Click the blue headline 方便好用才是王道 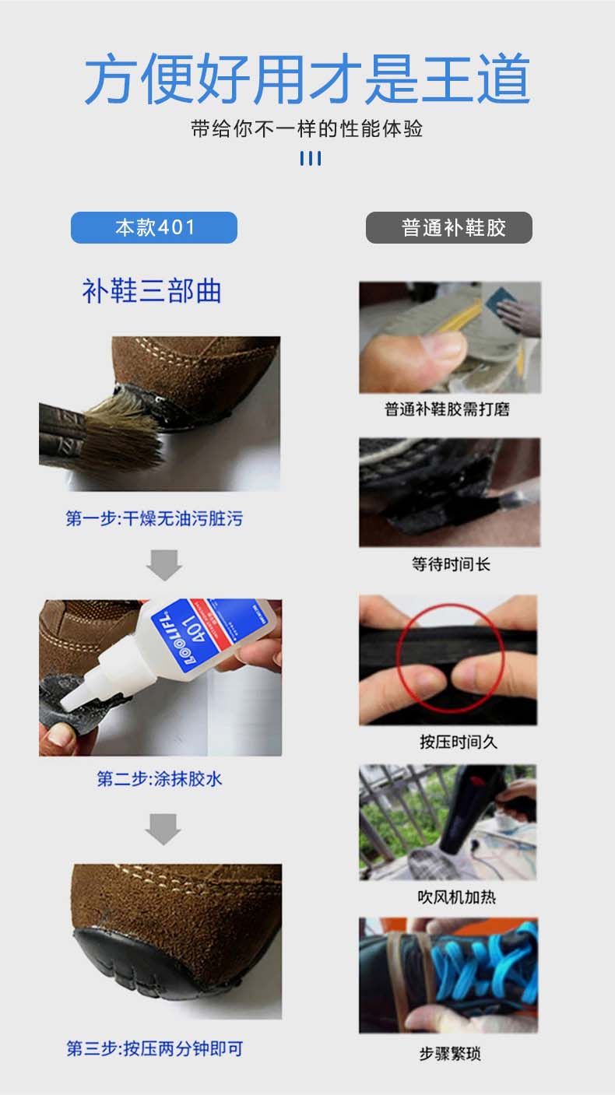(307, 78)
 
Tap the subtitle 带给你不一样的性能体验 (307, 129)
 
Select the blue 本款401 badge (154, 227)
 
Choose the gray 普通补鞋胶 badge (448, 227)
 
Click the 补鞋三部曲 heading (152, 291)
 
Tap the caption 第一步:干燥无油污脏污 (154, 518)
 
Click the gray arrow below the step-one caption (164, 565)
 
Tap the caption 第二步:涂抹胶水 (160, 779)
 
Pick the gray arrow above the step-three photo (163, 829)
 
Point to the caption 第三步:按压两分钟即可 (154, 1048)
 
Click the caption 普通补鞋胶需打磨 (448, 409)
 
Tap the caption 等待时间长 (451, 564)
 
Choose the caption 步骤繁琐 (450, 1054)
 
